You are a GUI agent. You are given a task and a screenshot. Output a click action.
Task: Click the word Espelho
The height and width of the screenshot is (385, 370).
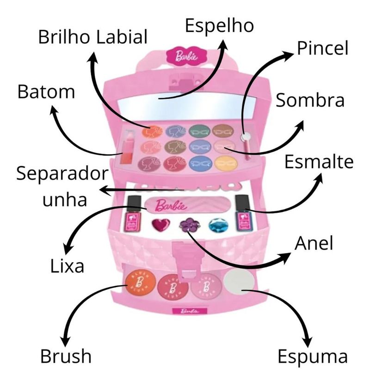[x=219, y=25]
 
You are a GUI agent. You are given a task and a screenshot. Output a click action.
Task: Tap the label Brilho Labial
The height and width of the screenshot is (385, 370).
[x=92, y=37]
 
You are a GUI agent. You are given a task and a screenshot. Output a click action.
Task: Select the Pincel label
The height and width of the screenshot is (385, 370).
[x=322, y=48]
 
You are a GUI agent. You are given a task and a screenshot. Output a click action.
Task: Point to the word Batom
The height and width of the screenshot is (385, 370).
[x=46, y=91]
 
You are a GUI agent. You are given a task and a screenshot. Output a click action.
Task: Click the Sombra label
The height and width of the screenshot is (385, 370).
[x=310, y=101]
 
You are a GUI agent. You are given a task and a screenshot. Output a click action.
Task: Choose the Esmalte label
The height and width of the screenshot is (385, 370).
[x=319, y=162]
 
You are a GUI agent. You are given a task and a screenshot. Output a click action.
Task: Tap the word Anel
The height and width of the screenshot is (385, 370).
[x=314, y=244]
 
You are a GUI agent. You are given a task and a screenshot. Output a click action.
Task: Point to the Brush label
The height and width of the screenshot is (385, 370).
[x=65, y=356]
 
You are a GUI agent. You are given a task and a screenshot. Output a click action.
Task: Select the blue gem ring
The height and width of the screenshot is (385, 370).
[x=217, y=224]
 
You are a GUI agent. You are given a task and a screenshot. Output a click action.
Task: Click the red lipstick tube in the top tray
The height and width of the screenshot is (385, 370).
[x=128, y=147]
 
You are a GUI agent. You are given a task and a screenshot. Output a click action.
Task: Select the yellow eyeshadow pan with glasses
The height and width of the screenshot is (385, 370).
[x=226, y=163]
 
